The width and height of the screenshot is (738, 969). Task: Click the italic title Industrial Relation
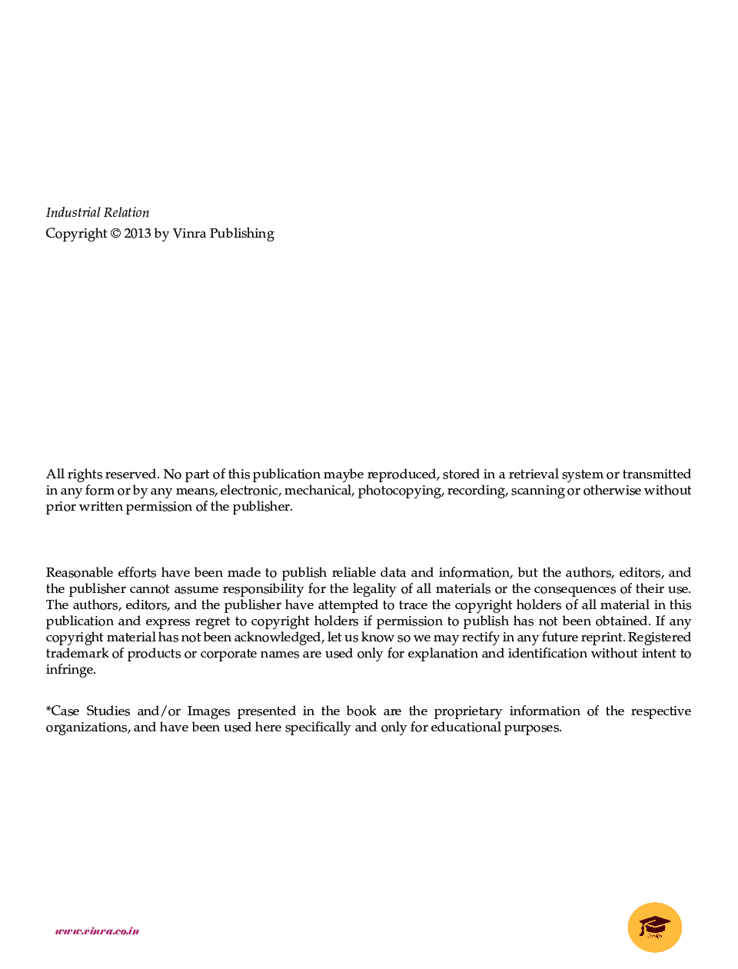tap(98, 213)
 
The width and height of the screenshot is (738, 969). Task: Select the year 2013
tap(138, 234)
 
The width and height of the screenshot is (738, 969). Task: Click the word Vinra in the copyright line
tap(189, 234)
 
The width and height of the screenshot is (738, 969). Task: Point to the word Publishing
tap(241, 234)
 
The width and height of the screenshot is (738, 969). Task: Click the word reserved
tap(131, 475)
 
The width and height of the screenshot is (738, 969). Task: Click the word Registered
tap(660, 638)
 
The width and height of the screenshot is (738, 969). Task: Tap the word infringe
tap(70, 670)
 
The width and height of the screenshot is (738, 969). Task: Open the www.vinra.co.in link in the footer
tap(97, 931)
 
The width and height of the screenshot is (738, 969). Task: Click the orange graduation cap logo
tap(655, 927)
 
